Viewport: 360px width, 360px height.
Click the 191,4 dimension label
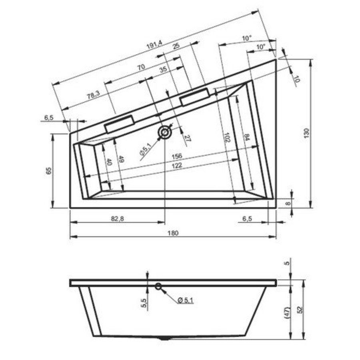pyautogui.click(x=154, y=45)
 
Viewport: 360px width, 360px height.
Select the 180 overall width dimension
pyautogui.click(x=173, y=233)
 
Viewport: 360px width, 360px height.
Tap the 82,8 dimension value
pyautogui.click(x=116, y=218)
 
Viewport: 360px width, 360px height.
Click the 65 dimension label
pyautogui.click(x=48, y=171)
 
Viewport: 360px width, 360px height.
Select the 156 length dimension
pyautogui.click(x=176, y=156)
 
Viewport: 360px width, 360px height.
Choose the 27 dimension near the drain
pyautogui.click(x=187, y=138)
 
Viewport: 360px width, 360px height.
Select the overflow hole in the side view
pyautogui.click(x=158, y=286)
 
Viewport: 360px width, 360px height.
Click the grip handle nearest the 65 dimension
pyautogui.click(x=119, y=124)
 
